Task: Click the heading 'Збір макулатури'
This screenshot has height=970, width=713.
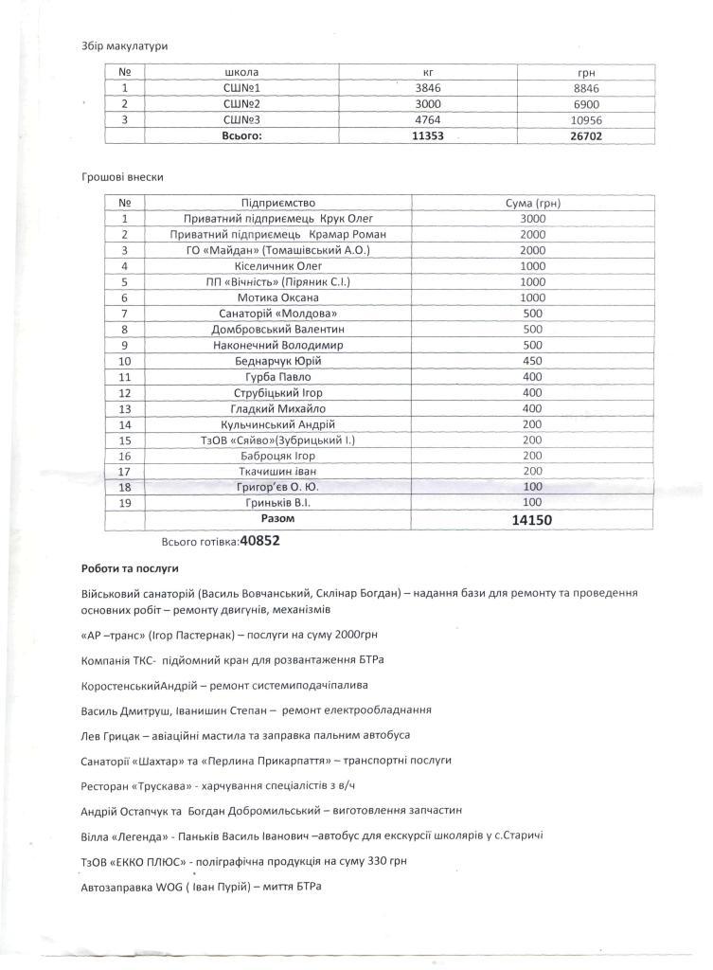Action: [x=117, y=45]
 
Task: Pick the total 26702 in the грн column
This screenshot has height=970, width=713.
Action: [x=583, y=135]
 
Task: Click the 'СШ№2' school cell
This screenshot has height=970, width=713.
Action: [x=241, y=103]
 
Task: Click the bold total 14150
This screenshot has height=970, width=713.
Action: [x=532, y=520]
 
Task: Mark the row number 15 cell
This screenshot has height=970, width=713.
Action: [x=124, y=440]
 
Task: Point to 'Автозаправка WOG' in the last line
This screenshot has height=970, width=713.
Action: [x=135, y=887]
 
